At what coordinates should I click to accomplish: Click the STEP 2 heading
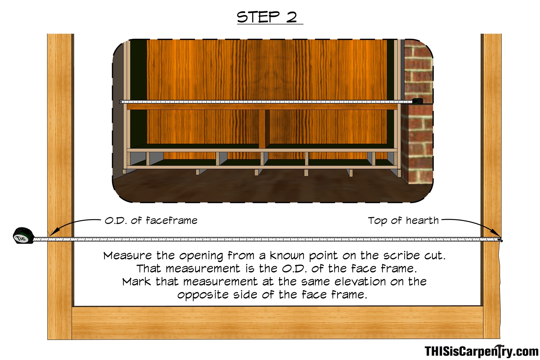pos(267,17)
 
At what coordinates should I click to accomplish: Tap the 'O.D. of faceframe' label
pos(151,221)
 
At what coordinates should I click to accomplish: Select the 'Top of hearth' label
pos(403,221)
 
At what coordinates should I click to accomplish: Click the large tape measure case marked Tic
pos(24,236)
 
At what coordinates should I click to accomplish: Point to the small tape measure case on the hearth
pos(417,101)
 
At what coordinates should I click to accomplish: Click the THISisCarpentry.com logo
pos(481,351)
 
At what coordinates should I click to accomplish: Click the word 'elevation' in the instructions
pos(360,282)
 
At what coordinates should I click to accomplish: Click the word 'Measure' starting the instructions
pos(128,255)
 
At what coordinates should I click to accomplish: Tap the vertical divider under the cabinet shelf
pos(262,129)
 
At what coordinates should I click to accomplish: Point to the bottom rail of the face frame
pos(277,322)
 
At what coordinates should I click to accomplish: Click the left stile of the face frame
pos(60,186)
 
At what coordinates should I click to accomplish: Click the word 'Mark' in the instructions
pos(136,282)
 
